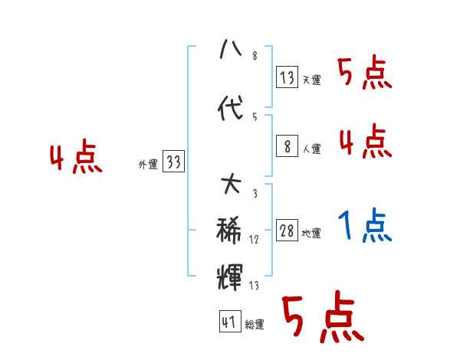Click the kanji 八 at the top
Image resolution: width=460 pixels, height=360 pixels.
click(230, 51)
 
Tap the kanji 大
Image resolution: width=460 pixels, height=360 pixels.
click(230, 185)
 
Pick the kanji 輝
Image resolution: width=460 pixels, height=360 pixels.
click(230, 275)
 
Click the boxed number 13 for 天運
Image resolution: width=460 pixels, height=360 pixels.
click(287, 77)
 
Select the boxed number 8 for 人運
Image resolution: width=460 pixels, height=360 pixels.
click(287, 146)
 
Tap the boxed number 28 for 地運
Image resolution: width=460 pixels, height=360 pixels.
click(287, 231)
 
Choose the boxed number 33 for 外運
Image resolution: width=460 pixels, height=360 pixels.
click(173, 162)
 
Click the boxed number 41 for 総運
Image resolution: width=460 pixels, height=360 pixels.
click(228, 322)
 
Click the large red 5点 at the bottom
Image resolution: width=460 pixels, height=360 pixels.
click(322, 319)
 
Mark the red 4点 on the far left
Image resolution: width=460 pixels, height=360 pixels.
click(75, 159)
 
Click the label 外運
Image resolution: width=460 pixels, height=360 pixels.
click(147, 165)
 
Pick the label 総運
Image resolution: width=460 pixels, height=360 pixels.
click(254, 325)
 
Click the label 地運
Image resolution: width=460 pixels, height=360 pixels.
click(311, 234)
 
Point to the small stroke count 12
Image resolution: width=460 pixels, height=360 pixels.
click(254, 240)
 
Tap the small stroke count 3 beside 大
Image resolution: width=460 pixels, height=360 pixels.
click(254, 194)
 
